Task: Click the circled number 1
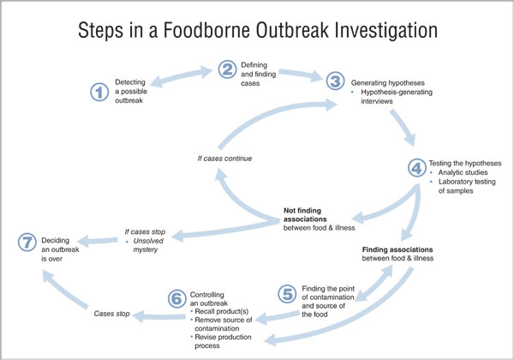tap(99, 92)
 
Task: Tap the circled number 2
tap(227, 69)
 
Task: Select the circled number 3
tap(335, 81)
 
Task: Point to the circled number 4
tap(417, 168)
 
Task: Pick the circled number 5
tap(287, 294)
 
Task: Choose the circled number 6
tap(177, 298)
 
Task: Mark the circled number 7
tap(27, 243)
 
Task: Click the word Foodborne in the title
tap(206, 30)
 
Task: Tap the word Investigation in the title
tap(386, 31)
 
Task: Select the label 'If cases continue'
tap(224, 159)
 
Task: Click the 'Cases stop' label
tap(111, 314)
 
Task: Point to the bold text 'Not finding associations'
tap(305, 215)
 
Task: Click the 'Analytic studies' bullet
tap(463, 172)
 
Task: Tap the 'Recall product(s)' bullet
tap(222, 311)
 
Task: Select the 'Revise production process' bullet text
tap(223, 341)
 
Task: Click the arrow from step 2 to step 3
tap(301, 75)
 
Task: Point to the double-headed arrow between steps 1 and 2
tap(182, 76)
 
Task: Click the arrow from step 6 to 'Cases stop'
tap(159, 317)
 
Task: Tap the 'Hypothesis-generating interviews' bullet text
tap(397, 97)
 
